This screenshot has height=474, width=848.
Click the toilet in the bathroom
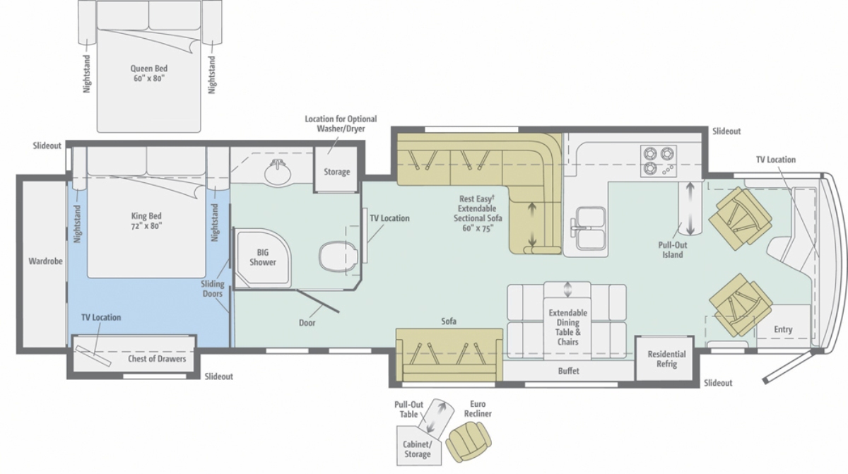click(338, 256)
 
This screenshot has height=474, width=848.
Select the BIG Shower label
click(263, 257)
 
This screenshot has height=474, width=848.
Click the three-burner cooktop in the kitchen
click(659, 161)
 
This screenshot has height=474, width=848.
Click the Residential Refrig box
click(666, 358)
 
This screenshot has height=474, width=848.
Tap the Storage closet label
click(336, 172)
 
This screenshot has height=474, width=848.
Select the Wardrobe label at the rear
click(45, 261)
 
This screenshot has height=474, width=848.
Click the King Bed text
click(146, 221)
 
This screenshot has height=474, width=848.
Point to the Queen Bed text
click(149, 73)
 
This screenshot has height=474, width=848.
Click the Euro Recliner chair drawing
click(469, 441)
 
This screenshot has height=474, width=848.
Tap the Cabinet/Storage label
click(417, 449)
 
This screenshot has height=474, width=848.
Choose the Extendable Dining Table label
click(568, 327)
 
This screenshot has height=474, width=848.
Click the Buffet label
click(569, 371)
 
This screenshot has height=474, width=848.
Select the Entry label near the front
click(783, 329)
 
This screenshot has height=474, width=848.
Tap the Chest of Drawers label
click(157, 359)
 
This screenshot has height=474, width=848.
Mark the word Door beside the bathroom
click(307, 323)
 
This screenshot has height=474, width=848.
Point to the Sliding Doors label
click(213, 289)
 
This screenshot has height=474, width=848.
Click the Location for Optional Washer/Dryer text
click(341, 124)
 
